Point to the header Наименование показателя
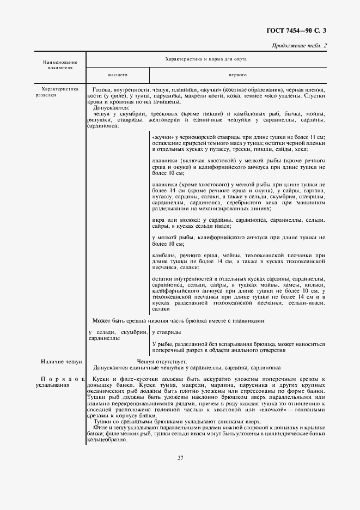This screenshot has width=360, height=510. point(60,66)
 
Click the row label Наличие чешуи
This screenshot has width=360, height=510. point(61,361)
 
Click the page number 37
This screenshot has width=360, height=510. point(180,457)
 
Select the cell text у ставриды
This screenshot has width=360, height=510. point(167,332)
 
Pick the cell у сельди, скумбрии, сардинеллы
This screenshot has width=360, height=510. point(117,335)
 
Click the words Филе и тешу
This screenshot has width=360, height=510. point(109,427)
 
